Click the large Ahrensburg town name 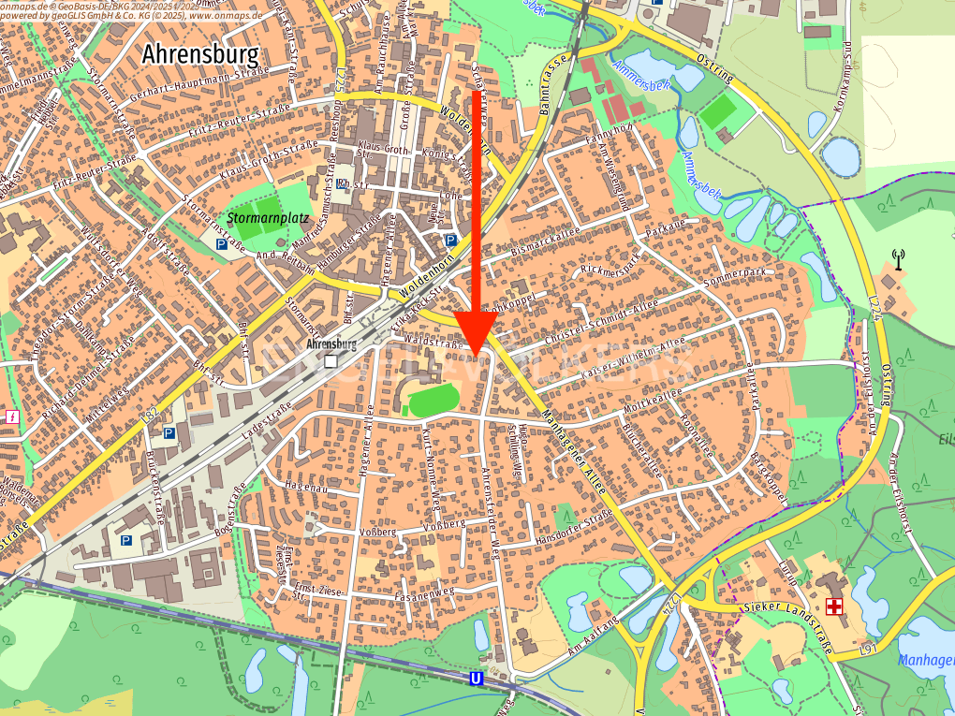point(199,54)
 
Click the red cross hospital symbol point(832,607)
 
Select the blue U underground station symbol point(476,679)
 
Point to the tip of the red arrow point(476,354)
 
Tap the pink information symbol point(12,416)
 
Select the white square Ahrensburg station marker point(330,359)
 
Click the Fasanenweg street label point(426,592)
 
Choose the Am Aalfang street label point(591,636)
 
